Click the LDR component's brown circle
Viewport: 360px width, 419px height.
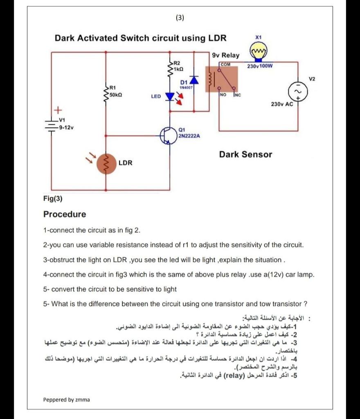tap(106, 163)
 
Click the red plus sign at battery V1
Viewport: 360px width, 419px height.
tap(58, 110)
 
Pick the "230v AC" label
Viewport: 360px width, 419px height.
tap(282, 104)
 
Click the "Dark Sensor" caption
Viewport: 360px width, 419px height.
tap(245, 154)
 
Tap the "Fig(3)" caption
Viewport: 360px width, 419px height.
tap(53, 199)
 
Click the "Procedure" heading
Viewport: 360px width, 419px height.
tap(65, 214)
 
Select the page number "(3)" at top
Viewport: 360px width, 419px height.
tap(180, 18)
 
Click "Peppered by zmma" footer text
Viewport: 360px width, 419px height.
tap(66, 399)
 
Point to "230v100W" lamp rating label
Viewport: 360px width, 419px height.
tap(260, 65)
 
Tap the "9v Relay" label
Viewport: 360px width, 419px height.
tap(226, 55)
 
